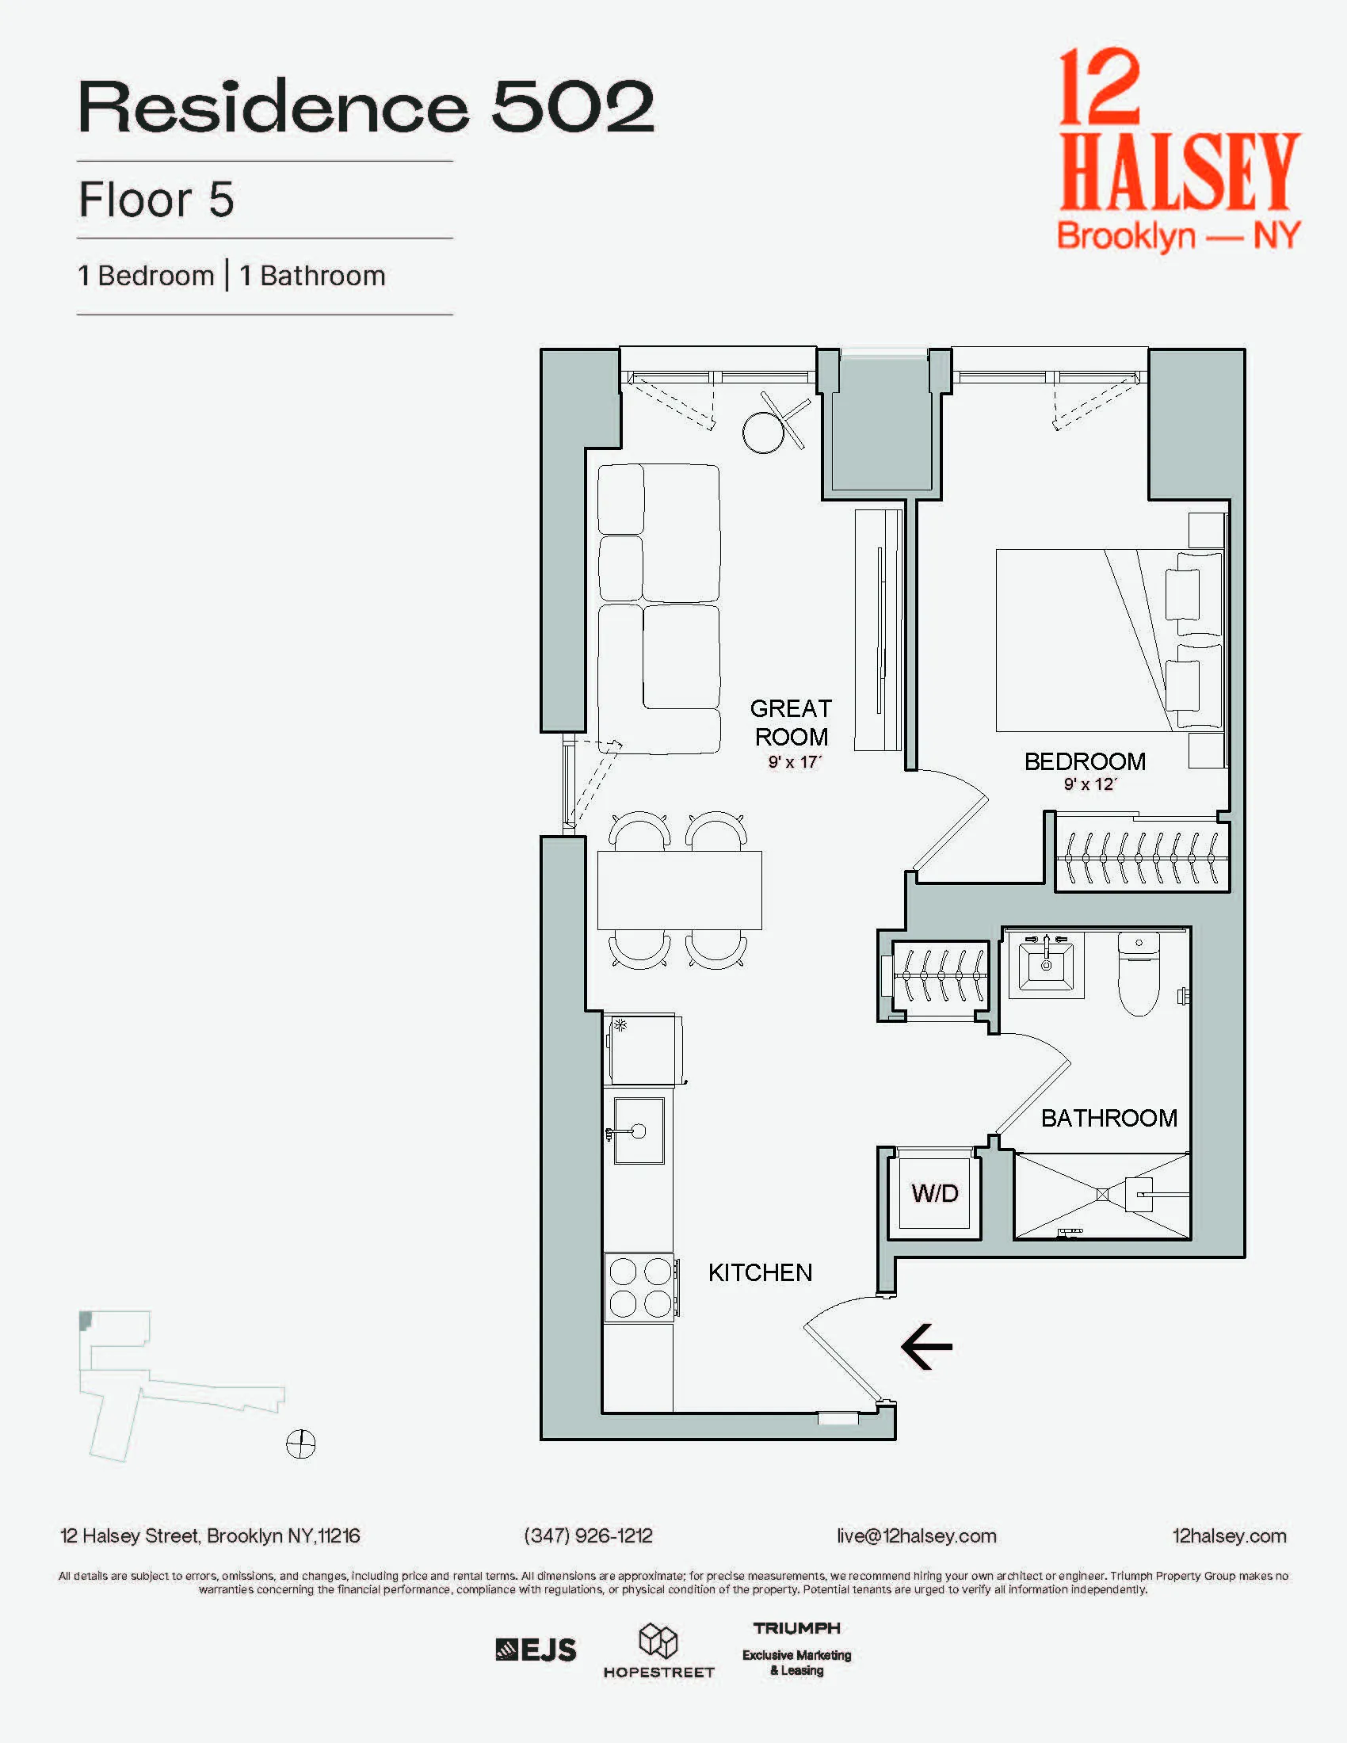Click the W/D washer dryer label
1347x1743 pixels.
[x=934, y=1194]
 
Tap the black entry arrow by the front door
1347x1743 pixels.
[x=926, y=1347]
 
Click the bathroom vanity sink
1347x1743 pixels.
[x=1046, y=965]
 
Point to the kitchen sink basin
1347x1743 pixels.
[x=639, y=1131]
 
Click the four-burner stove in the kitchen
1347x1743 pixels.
[x=640, y=1287]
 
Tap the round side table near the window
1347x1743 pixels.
[x=764, y=432]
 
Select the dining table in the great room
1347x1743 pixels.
[x=679, y=890]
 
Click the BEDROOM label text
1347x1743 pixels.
[x=1085, y=761]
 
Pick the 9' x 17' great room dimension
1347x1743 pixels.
[x=794, y=762]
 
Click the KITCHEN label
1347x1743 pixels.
[x=760, y=1272]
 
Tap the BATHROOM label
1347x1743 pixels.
[x=1109, y=1118]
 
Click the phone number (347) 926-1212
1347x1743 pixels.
[x=588, y=1535]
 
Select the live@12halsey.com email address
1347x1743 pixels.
[x=916, y=1535]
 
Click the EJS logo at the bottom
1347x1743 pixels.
[x=536, y=1650]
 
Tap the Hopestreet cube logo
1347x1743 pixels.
[x=658, y=1641]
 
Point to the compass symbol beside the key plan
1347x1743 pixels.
[x=301, y=1443]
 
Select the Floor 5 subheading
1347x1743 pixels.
[x=156, y=200]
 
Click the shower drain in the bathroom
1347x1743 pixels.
[x=1102, y=1195]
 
